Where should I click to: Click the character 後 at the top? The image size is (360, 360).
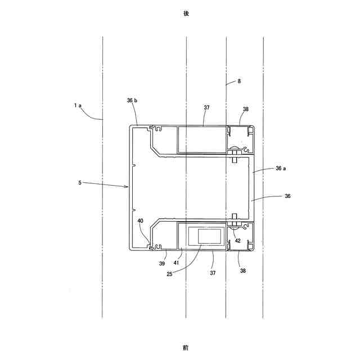[186, 13]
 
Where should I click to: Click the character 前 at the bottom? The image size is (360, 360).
[186, 348]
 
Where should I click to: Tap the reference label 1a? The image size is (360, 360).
[77, 105]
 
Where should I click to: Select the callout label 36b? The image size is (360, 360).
[132, 101]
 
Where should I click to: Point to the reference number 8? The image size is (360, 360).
[239, 82]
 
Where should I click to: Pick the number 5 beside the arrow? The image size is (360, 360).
[80, 182]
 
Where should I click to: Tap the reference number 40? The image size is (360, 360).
[141, 221]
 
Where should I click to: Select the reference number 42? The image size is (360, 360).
[238, 240]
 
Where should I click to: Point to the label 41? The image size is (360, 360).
[177, 263]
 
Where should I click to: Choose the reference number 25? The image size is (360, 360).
[170, 274]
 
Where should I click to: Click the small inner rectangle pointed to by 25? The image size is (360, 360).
[205, 236]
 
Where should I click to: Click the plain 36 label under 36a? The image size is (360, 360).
[287, 196]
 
